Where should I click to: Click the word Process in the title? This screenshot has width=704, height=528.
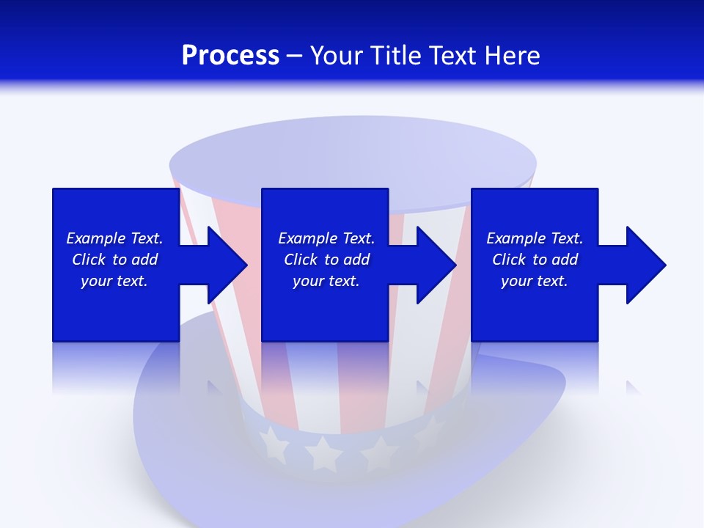(230, 56)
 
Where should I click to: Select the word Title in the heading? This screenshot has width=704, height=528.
(396, 56)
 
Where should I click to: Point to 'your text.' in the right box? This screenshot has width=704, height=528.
(535, 281)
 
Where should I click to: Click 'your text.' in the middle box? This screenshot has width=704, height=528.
(326, 281)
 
